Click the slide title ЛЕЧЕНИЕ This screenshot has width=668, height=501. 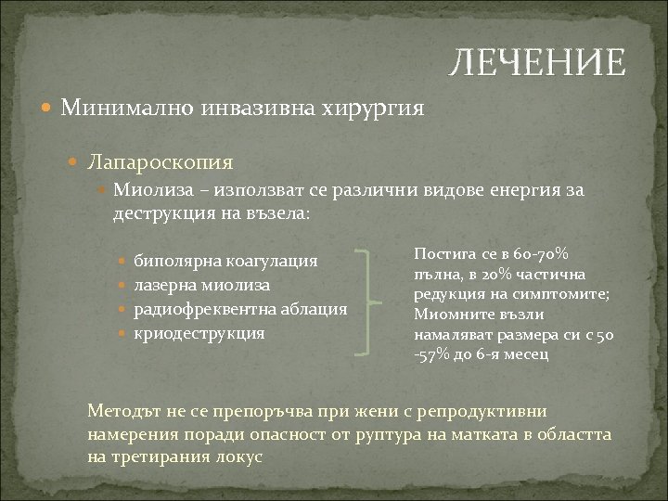tap(537, 62)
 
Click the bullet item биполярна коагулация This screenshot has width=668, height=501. tap(226, 261)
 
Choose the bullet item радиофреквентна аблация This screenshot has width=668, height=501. tap(241, 308)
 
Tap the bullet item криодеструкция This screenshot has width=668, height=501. tap(199, 331)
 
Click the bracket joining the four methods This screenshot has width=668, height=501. tap(372, 300)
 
